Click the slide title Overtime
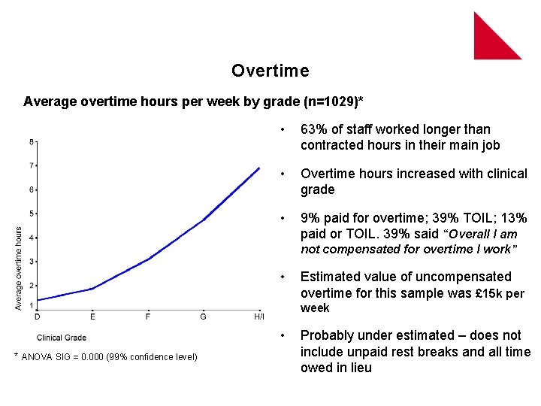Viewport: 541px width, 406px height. pyautogui.click(x=270, y=71)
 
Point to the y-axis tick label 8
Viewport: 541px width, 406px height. pyautogui.click(x=31, y=141)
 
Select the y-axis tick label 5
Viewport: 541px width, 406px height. pyautogui.click(x=31, y=214)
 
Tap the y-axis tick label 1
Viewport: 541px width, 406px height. pyautogui.click(x=31, y=305)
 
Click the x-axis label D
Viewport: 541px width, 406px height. pyautogui.click(x=38, y=317)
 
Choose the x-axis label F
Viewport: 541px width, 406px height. pyautogui.click(x=148, y=317)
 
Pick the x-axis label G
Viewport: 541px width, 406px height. pyautogui.click(x=204, y=317)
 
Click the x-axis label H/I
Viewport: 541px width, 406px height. pyautogui.click(x=258, y=317)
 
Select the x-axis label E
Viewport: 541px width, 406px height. pyautogui.click(x=92, y=317)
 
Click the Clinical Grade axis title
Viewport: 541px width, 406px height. pyautogui.click(x=62, y=338)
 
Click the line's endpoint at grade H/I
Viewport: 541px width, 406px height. pyautogui.click(x=259, y=168)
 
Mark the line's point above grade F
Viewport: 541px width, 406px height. pyautogui.click(x=148, y=259)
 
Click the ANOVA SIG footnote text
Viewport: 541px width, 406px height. pyautogui.click(x=110, y=356)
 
